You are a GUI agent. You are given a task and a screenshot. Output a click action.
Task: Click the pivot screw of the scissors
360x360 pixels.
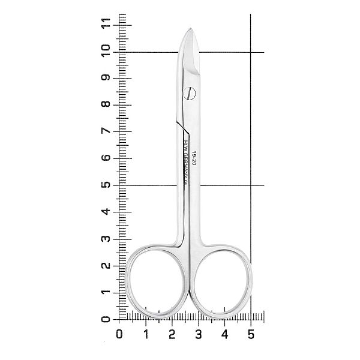point(190,94)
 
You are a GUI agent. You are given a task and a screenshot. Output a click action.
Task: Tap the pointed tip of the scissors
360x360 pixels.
point(191,28)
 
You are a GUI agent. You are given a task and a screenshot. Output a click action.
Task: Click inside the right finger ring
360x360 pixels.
point(222,282)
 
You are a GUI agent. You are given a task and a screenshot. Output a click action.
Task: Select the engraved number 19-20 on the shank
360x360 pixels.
point(194,158)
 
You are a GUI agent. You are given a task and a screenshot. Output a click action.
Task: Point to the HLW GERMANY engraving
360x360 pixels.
point(186,160)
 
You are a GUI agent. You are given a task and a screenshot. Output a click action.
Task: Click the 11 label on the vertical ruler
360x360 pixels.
point(106,23)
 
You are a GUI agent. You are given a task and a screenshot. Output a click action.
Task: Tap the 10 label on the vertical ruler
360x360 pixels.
point(106,51)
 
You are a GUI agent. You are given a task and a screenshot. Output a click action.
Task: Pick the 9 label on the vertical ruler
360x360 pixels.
point(106,77)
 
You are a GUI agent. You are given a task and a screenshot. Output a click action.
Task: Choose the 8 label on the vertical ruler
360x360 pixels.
point(106,104)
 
